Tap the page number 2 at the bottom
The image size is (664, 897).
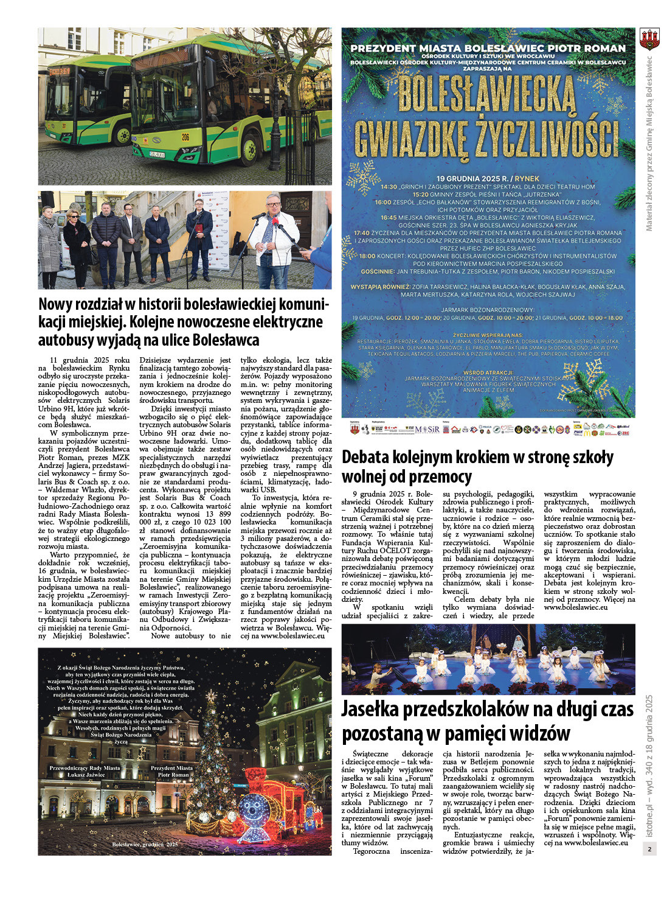click(x=649, y=849)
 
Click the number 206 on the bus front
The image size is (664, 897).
click(x=185, y=138)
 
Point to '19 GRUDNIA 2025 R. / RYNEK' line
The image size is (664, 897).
click(x=488, y=178)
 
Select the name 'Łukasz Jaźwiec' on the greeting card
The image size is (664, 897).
click(x=86, y=775)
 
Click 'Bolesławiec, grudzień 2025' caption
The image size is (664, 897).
click(x=145, y=845)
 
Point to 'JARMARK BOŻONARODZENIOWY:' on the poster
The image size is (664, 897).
click(x=488, y=310)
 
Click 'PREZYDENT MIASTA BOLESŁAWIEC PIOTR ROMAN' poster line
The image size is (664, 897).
click(x=488, y=48)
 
